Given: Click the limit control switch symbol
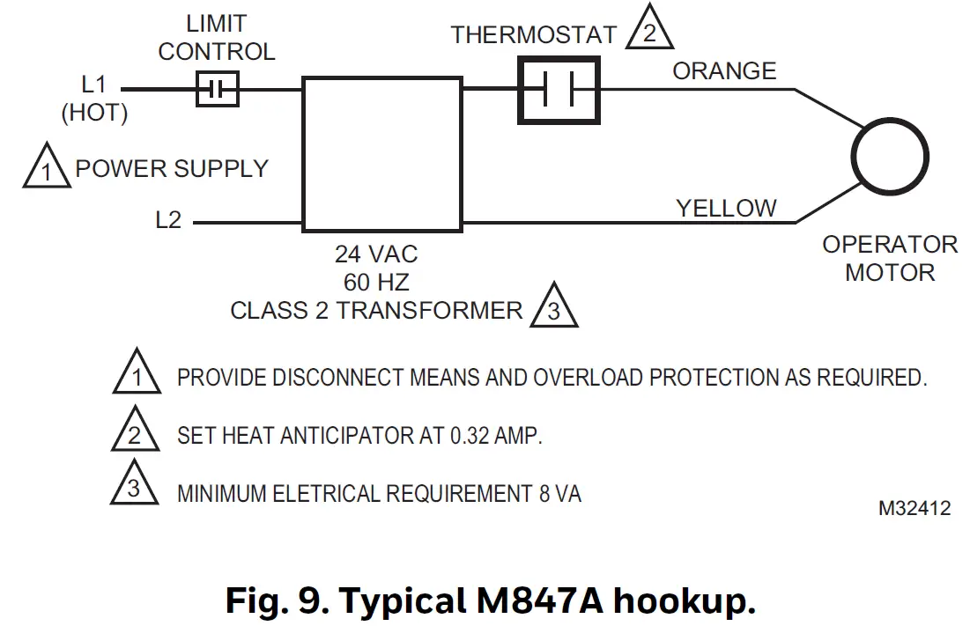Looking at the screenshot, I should point(217,89).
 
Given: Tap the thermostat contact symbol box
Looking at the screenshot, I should point(558,89).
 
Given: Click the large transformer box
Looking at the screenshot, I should point(382,154).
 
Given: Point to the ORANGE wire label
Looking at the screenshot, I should point(724,70).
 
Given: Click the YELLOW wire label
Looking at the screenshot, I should point(726,208).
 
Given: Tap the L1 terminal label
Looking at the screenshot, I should point(93,85).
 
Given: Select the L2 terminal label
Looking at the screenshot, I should point(167,220).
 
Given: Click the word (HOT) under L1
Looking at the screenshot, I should point(93,113).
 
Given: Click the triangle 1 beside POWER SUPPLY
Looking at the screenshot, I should point(47,169).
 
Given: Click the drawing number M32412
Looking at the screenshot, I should point(914,509).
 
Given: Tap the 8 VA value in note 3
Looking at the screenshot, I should point(559,494).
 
